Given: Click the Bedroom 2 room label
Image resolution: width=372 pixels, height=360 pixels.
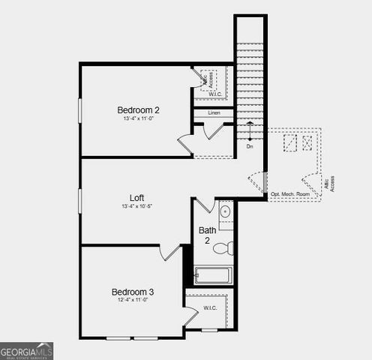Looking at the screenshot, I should (x=138, y=109).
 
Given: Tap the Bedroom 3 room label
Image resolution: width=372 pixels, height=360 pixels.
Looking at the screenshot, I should (x=133, y=292).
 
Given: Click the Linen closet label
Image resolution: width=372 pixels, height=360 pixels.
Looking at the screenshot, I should (x=214, y=112).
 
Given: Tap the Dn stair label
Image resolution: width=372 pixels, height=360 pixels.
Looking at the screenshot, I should (x=250, y=146).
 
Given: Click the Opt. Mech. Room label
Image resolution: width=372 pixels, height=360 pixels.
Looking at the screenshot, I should (x=289, y=193).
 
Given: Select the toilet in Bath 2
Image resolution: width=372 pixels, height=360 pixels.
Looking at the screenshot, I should (x=223, y=247).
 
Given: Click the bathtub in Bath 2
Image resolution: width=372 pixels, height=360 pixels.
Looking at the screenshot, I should (x=213, y=276).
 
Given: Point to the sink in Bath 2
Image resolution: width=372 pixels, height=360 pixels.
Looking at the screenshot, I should (x=225, y=211).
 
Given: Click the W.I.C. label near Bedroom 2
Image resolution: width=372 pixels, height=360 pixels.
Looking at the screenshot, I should (x=214, y=94).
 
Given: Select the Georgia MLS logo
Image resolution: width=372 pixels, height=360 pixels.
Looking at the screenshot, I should (x=26, y=350).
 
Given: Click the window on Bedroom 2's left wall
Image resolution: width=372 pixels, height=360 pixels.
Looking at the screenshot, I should (x=80, y=109).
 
